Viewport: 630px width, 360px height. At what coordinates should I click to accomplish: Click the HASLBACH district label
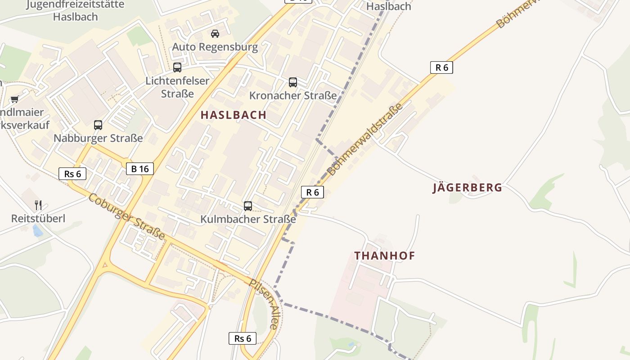(234, 115)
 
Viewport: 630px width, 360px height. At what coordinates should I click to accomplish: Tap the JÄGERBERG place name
(468, 188)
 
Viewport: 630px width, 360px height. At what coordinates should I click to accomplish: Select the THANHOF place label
(385, 256)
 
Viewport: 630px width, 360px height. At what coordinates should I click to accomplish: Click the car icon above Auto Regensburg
(215, 34)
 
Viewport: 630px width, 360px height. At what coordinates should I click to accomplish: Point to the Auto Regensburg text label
(215, 47)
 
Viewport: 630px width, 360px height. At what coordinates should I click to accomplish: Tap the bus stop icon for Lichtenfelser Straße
(177, 67)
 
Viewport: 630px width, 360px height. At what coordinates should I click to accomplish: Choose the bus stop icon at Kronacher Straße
(293, 82)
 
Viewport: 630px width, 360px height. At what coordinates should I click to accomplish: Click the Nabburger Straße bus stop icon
(98, 125)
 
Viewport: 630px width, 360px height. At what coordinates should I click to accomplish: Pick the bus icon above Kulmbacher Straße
(248, 206)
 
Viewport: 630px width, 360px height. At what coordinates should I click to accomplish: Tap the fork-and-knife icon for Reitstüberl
(38, 205)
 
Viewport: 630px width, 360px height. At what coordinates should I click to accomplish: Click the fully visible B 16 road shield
(140, 169)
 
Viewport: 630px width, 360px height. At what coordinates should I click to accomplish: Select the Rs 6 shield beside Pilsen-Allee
(243, 338)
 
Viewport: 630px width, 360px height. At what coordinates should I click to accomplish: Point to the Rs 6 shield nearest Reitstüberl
(72, 174)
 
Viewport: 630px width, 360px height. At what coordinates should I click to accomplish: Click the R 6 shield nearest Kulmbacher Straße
(312, 192)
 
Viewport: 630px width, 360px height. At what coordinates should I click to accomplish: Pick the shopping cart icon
(15, 99)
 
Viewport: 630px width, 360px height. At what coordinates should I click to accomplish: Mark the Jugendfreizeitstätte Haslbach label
(75, 11)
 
